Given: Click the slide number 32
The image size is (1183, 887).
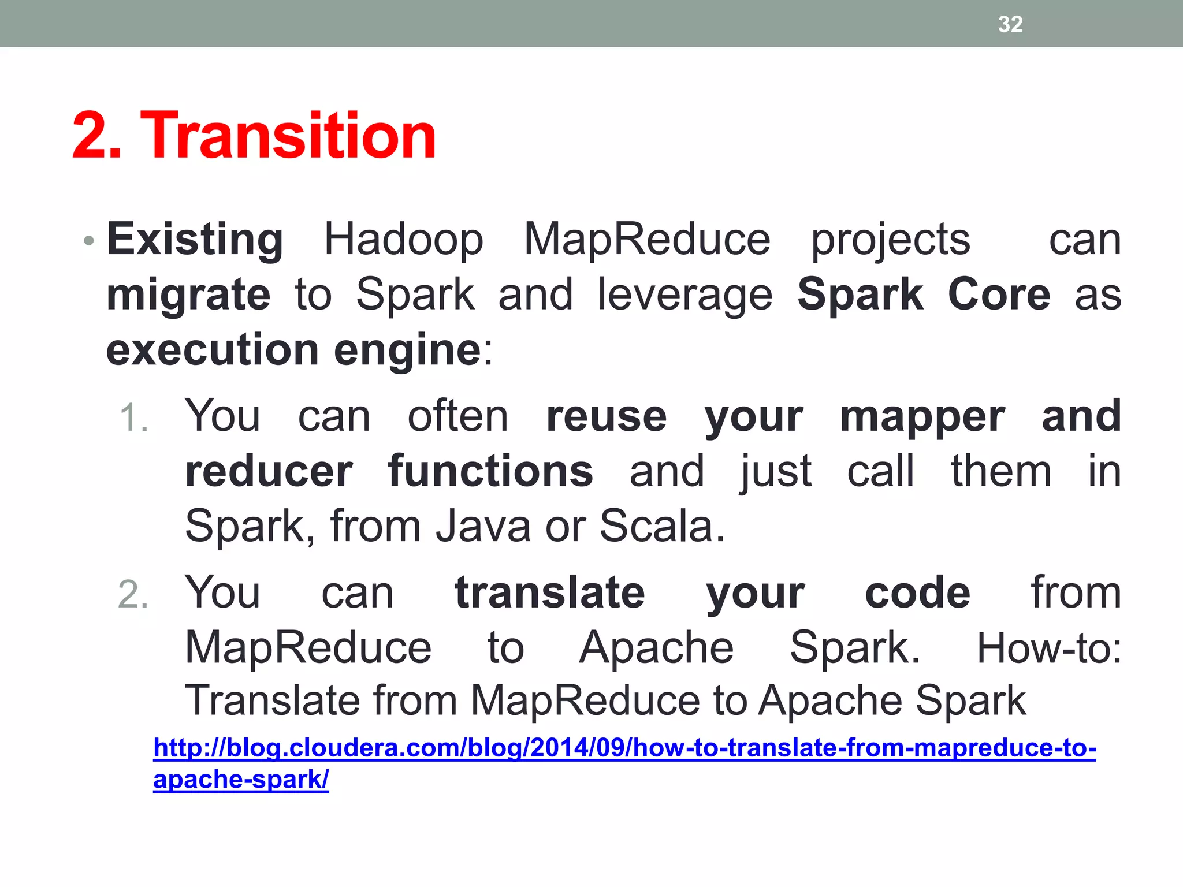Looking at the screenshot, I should pyautogui.click(x=1010, y=24).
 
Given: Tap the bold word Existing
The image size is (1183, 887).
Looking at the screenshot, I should pyautogui.click(x=195, y=239).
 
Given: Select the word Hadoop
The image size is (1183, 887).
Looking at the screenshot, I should pyautogui.click(x=403, y=239).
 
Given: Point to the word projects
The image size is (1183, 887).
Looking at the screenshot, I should pyautogui.click(x=890, y=240).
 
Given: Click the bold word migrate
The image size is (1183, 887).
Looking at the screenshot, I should pyautogui.click(x=188, y=295).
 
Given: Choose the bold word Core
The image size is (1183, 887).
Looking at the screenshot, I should pyautogui.click(x=999, y=295).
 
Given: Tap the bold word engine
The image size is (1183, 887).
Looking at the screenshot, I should pyautogui.click(x=407, y=351).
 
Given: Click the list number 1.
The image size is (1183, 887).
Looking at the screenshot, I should pyautogui.click(x=133, y=418).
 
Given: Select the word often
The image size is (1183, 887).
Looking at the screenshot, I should pyautogui.click(x=457, y=416).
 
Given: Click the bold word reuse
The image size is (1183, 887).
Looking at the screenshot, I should pyautogui.click(x=607, y=417).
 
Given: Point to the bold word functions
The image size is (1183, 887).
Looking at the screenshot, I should pyautogui.click(x=490, y=471).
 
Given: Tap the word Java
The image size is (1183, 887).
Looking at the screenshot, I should pyautogui.click(x=483, y=526).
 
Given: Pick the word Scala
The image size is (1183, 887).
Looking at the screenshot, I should pyautogui.click(x=661, y=526).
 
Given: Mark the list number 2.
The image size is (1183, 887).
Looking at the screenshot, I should pyautogui.click(x=133, y=595).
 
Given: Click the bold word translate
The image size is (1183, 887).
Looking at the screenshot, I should pyautogui.click(x=549, y=593).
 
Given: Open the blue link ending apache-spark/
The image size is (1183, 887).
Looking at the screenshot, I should pyautogui.click(x=241, y=779).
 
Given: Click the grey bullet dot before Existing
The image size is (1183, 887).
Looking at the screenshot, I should pyautogui.click(x=88, y=240).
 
